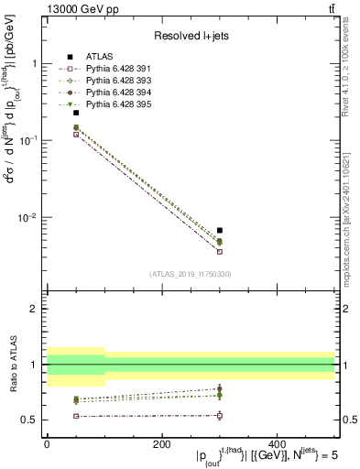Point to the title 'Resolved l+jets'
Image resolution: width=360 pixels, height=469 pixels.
click(189, 36)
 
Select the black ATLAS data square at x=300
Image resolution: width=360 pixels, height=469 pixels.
click(219, 230)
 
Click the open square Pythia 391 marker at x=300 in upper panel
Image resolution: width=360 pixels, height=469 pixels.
click(219, 251)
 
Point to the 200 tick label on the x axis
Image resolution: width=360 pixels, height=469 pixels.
click(161, 443)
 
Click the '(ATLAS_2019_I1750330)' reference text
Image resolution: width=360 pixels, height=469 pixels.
click(189, 274)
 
